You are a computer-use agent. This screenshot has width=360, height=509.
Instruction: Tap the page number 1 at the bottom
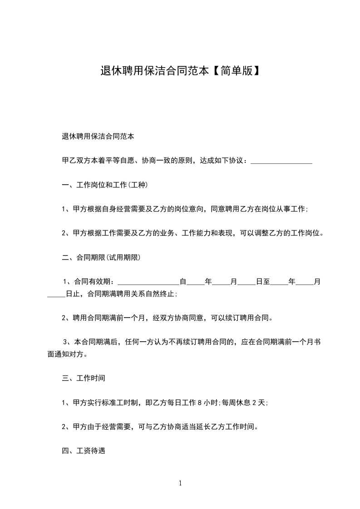[x=180, y=483]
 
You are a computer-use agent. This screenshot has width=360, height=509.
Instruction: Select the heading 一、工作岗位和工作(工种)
[x=105, y=185]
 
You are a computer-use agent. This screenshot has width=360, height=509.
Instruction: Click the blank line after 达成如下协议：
[x=281, y=162]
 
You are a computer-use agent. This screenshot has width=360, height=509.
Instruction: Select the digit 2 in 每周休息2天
[x=254, y=402]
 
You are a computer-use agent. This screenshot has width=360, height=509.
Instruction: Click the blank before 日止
[x=56, y=294]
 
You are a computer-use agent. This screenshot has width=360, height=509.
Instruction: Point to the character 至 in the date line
[x=267, y=282]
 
